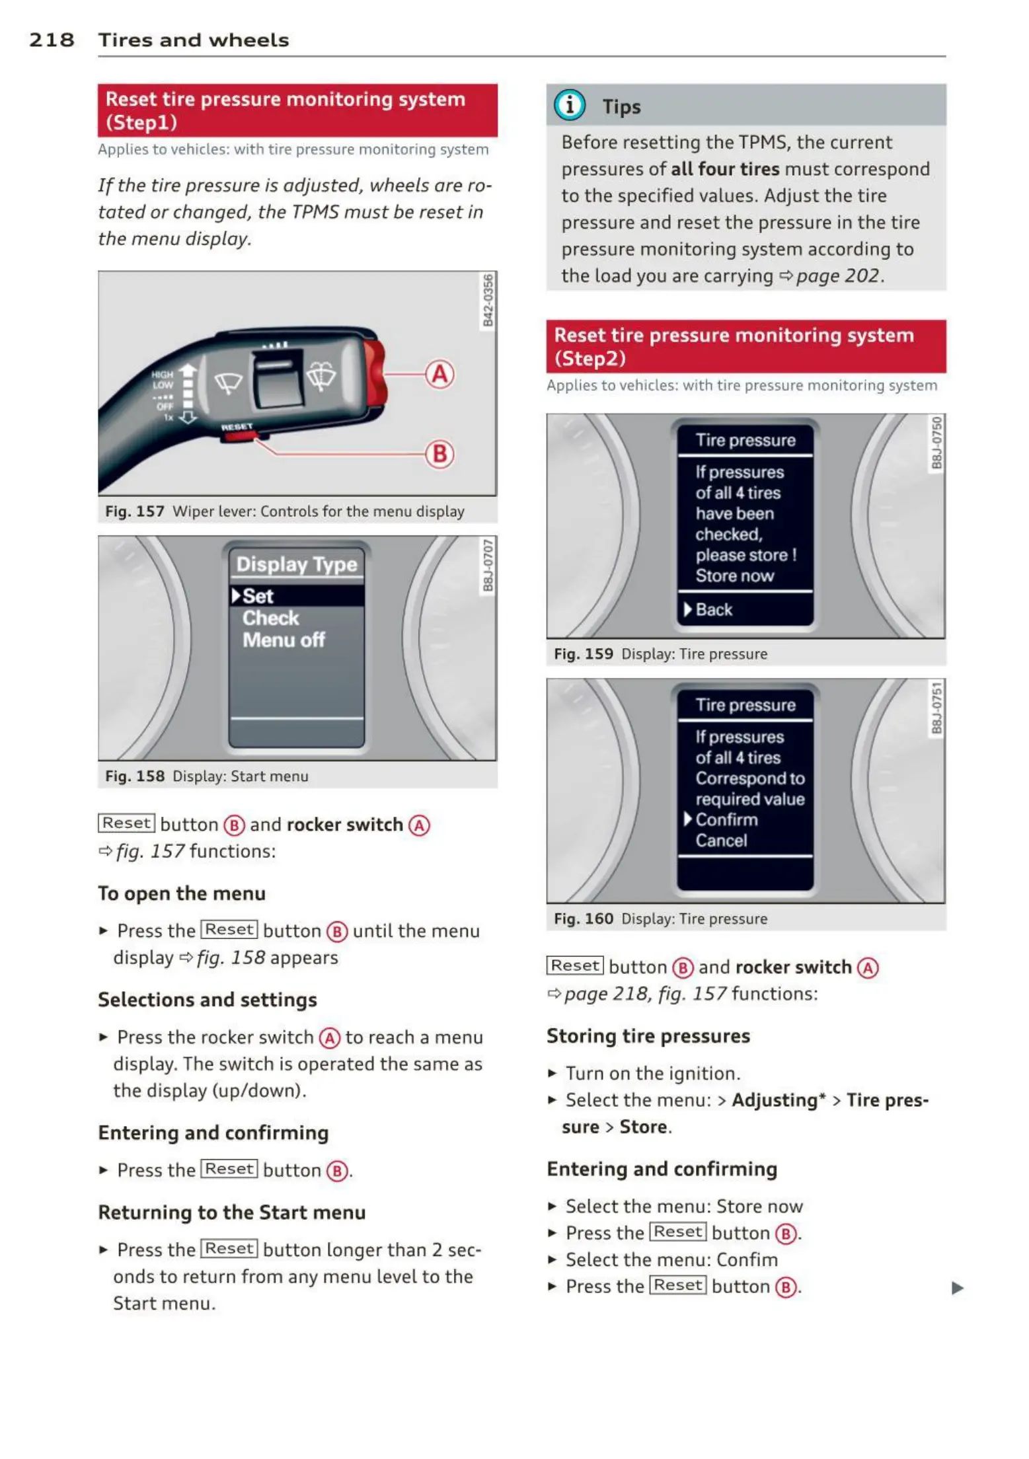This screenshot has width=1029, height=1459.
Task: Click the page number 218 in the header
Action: point(52,40)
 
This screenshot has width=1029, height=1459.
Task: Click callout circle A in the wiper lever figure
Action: point(439,374)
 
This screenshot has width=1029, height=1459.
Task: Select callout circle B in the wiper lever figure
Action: point(439,454)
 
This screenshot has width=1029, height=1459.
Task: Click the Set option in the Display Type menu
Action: point(258,596)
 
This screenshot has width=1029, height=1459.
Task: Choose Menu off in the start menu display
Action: point(284,640)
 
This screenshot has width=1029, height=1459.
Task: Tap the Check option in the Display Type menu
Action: point(270,618)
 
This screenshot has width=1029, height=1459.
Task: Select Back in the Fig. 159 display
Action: point(714,609)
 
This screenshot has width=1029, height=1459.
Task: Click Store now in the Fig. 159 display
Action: point(734,576)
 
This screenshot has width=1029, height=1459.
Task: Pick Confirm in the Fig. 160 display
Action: point(726,819)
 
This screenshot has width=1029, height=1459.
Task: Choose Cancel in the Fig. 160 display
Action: point(721,841)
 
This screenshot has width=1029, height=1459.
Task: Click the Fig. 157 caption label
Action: point(134,511)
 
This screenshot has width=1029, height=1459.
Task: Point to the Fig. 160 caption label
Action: point(583,918)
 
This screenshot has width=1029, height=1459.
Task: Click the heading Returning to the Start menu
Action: point(232,1213)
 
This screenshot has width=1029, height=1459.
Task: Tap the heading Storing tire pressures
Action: point(648,1036)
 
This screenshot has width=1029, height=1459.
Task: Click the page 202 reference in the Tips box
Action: point(837,276)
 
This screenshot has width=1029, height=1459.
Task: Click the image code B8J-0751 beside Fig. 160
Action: point(936,708)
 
